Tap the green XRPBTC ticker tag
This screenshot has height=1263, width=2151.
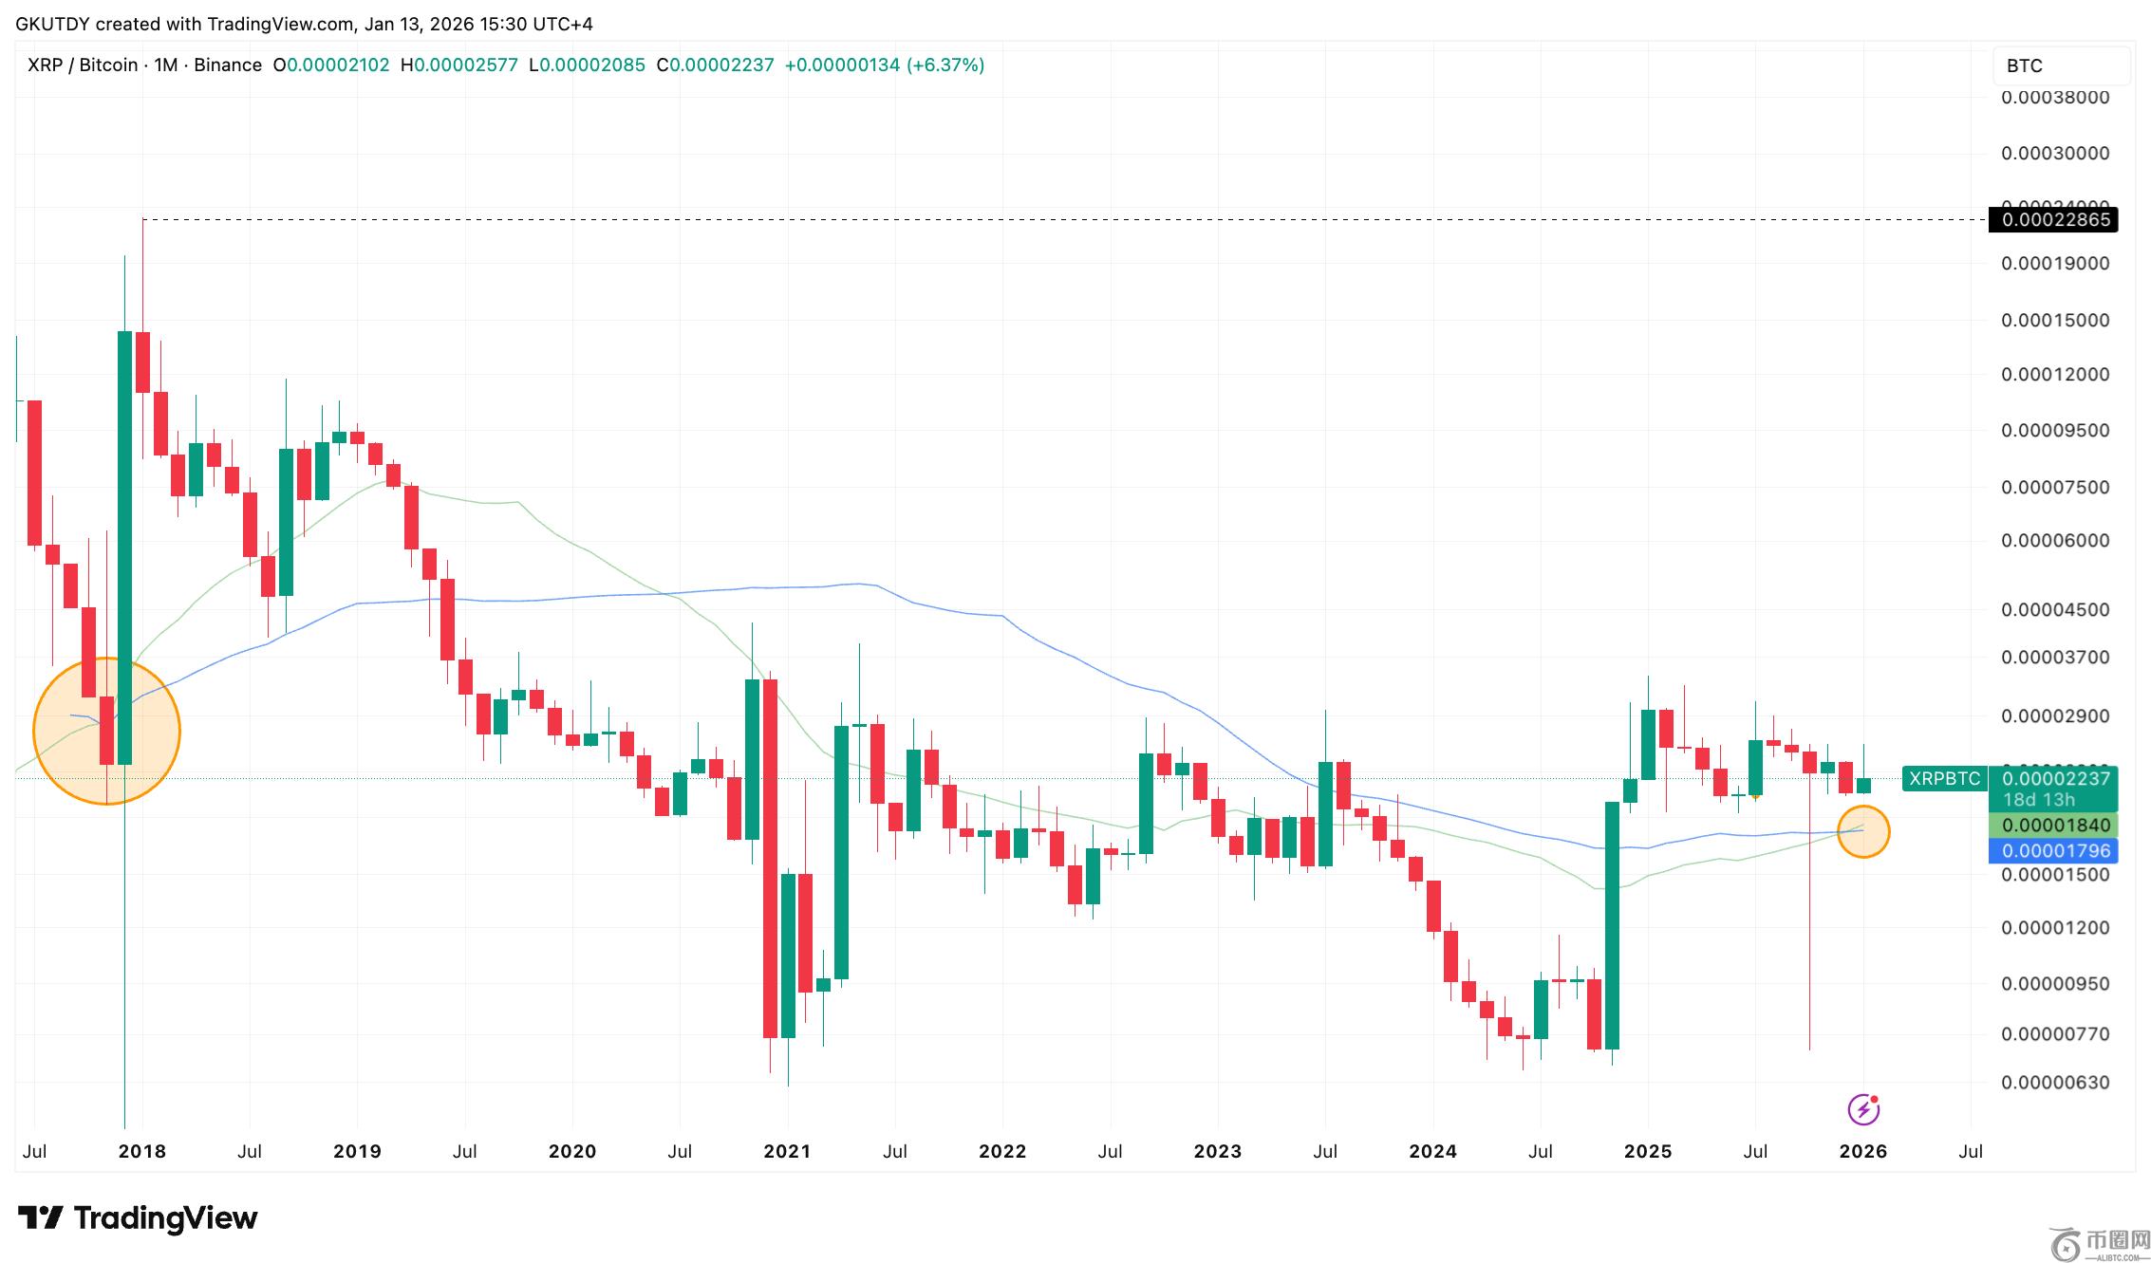click(x=1944, y=779)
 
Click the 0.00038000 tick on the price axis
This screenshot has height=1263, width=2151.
click(x=2055, y=97)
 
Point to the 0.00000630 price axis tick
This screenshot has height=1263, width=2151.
click(x=2055, y=1083)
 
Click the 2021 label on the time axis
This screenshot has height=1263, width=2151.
click(x=787, y=1152)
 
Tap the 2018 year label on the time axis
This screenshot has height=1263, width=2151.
click(x=141, y=1152)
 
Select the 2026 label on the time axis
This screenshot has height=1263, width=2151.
click(x=1862, y=1152)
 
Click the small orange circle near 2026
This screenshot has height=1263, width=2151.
click(x=1863, y=831)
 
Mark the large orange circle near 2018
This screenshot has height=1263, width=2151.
click(x=106, y=732)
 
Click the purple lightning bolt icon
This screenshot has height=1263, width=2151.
click(x=1863, y=1109)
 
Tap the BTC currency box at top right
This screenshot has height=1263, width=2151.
click(x=2060, y=65)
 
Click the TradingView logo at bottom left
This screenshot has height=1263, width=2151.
click(x=138, y=1218)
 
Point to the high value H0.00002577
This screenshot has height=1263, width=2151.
click(x=459, y=65)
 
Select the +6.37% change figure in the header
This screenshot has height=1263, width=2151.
click(x=945, y=65)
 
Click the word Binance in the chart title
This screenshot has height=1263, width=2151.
click(x=228, y=65)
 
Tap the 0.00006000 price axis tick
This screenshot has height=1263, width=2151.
click(x=2055, y=540)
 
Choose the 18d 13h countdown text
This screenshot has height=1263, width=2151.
click(x=2038, y=800)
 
